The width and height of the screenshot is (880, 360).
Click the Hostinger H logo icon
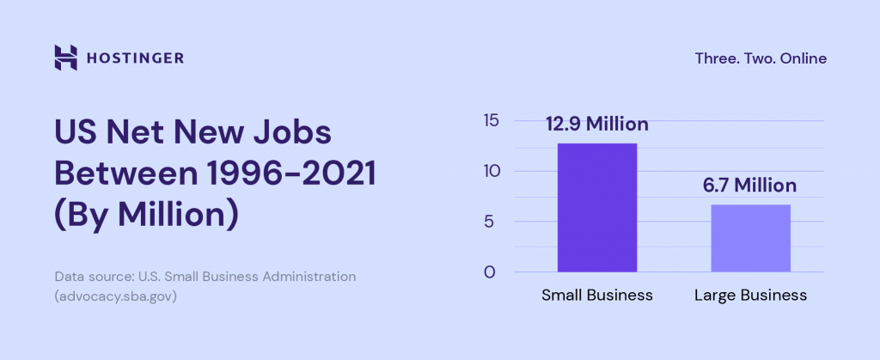click(x=65, y=58)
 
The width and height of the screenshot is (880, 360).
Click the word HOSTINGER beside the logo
click(x=134, y=58)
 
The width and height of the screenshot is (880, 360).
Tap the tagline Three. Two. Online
click(x=761, y=58)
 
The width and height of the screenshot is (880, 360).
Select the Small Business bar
click(x=597, y=207)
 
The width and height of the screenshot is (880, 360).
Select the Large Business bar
click(x=750, y=238)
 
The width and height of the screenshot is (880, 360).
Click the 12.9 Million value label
click(x=597, y=125)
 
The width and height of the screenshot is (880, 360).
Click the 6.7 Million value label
click(x=750, y=186)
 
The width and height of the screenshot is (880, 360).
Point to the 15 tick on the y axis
click(x=491, y=120)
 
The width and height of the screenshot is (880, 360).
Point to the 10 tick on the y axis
click(x=491, y=171)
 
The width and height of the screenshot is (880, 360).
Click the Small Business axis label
click(x=597, y=295)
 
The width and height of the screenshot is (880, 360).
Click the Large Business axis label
click(x=750, y=295)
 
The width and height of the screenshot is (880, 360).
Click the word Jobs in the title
click(x=289, y=135)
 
